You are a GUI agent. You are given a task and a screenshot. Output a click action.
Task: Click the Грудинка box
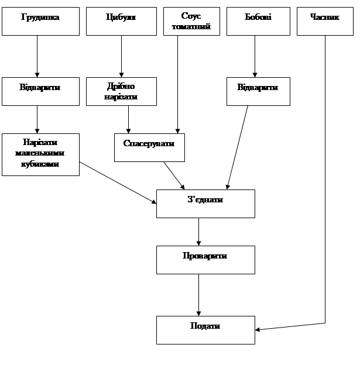click(40, 21)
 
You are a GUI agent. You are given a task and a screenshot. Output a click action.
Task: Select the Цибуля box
click(121, 21)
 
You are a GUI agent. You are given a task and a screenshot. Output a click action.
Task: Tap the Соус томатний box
click(191, 21)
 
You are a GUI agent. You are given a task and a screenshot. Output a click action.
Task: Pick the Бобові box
click(258, 21)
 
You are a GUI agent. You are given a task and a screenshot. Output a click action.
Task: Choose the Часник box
click(325, 21)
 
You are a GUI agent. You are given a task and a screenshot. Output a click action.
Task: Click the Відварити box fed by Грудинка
click(40, 91)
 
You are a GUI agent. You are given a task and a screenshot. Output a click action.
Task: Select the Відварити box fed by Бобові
click(258, 91)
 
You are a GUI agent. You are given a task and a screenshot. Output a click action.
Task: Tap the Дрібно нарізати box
click(121, 91)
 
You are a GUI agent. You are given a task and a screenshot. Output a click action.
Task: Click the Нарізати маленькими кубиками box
click(40, 154)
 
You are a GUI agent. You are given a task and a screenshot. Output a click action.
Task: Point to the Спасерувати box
click(149, 147)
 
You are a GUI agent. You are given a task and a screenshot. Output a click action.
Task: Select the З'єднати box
click(205, 204)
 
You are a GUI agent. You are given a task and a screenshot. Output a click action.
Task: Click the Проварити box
click(205, 260)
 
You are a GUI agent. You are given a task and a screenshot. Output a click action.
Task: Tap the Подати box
click(205, 330)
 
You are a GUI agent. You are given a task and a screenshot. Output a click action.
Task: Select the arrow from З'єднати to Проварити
click(199, 232)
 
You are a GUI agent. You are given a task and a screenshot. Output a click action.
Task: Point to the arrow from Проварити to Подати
click(199, 295)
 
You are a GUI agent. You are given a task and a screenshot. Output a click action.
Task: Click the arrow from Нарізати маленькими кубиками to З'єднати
click(117, 182)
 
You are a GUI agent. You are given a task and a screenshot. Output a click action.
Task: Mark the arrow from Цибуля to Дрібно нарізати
click(121, 56)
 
